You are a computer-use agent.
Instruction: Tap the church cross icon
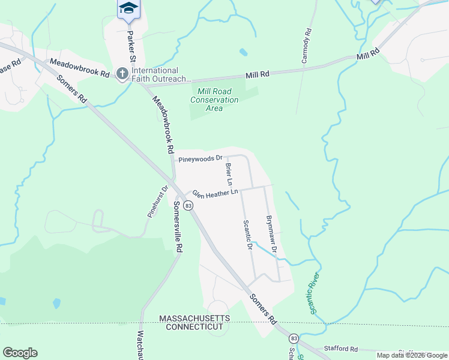point(122,74)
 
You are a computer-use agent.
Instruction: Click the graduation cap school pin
point(128,8)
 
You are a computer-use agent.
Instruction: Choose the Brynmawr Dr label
point(271,233)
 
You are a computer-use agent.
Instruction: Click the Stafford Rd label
point(340,349)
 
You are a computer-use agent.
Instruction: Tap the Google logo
point(20,353)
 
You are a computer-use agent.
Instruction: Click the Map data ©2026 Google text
point(412,355)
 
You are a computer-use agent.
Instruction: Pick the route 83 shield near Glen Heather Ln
point(188,206)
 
